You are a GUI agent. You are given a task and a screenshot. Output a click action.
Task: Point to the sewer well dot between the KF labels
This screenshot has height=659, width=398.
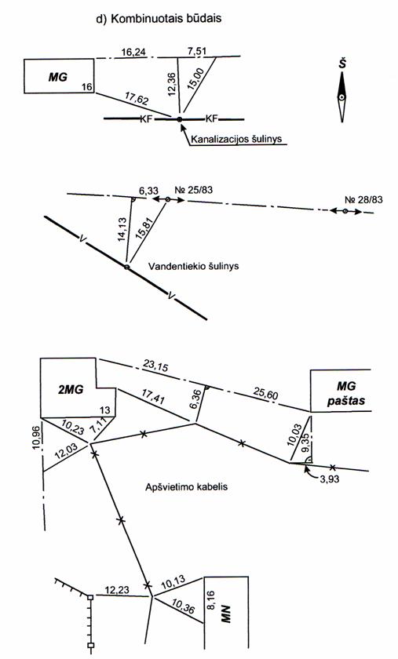(180, 119)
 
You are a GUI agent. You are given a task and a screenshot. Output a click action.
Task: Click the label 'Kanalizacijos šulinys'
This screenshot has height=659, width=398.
(236, 139)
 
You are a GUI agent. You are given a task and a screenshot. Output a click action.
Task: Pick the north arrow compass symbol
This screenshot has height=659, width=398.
(343, 96)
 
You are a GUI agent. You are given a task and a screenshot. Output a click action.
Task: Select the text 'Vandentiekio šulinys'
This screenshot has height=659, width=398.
(194, 266)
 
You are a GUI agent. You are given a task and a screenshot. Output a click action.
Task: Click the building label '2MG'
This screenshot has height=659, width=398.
(71, 389)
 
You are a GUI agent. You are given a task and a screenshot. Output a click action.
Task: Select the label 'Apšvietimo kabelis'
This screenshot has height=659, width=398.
(186, 486)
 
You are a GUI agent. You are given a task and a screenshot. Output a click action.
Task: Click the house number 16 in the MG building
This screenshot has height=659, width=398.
(86, 87)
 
